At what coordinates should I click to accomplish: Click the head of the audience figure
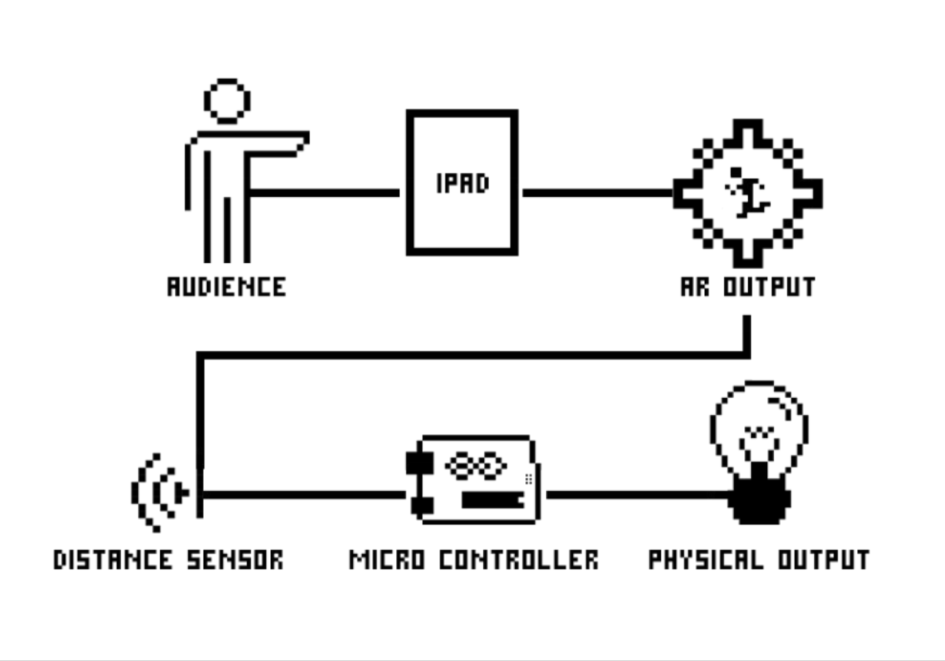tap(227, 101)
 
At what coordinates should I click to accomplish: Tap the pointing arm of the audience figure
tap(277, 143)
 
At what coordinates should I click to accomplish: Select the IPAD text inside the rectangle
tap(463, 183)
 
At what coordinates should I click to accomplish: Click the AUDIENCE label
tap(227, 287)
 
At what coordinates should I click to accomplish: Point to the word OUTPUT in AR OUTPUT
tap(769, 287)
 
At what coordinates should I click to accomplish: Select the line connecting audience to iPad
tap(324, 193)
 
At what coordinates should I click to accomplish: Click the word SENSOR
tap(235, 560)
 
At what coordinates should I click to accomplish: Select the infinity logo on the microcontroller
tap(476, 466)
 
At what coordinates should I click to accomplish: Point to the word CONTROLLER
tap(519, 560)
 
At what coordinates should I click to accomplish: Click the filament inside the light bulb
tap(760, 436)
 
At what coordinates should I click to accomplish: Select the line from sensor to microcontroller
tap(303, 495)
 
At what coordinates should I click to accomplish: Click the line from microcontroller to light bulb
tap(636, 495)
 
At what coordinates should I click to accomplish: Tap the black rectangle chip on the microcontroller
tap(492, 501)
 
